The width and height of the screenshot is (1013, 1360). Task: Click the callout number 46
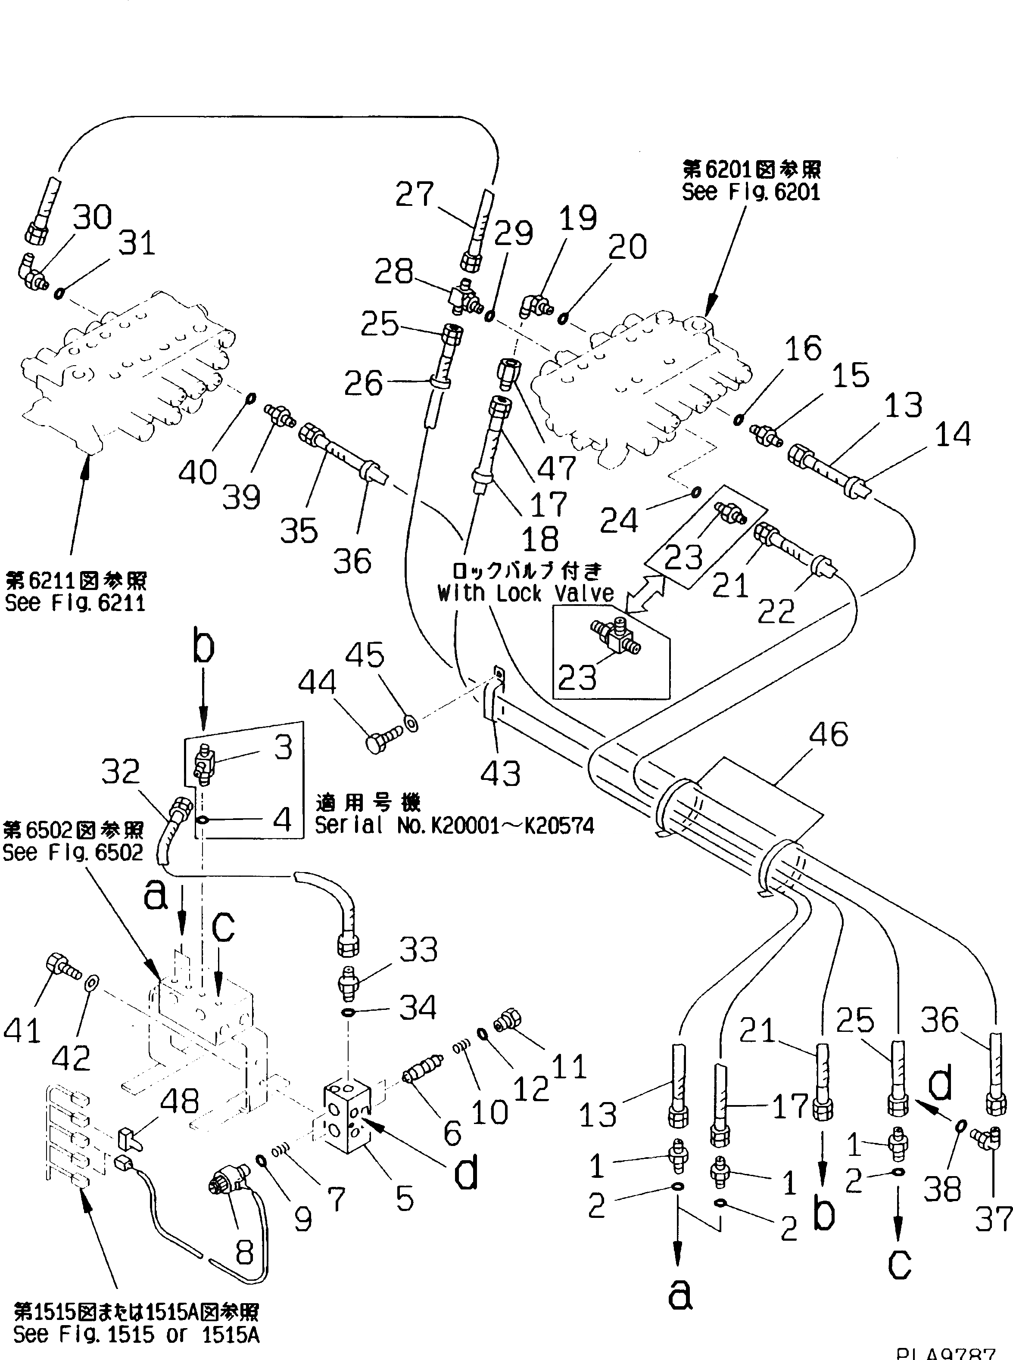(829, 734)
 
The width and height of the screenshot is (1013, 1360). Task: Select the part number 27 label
(415, 194)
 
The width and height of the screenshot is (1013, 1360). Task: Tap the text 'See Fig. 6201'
(751, 193)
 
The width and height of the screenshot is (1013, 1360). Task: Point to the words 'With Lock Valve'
(526, 593)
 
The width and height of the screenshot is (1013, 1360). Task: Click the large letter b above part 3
(203, 649)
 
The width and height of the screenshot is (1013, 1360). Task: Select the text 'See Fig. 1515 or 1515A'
(136, 1334)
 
